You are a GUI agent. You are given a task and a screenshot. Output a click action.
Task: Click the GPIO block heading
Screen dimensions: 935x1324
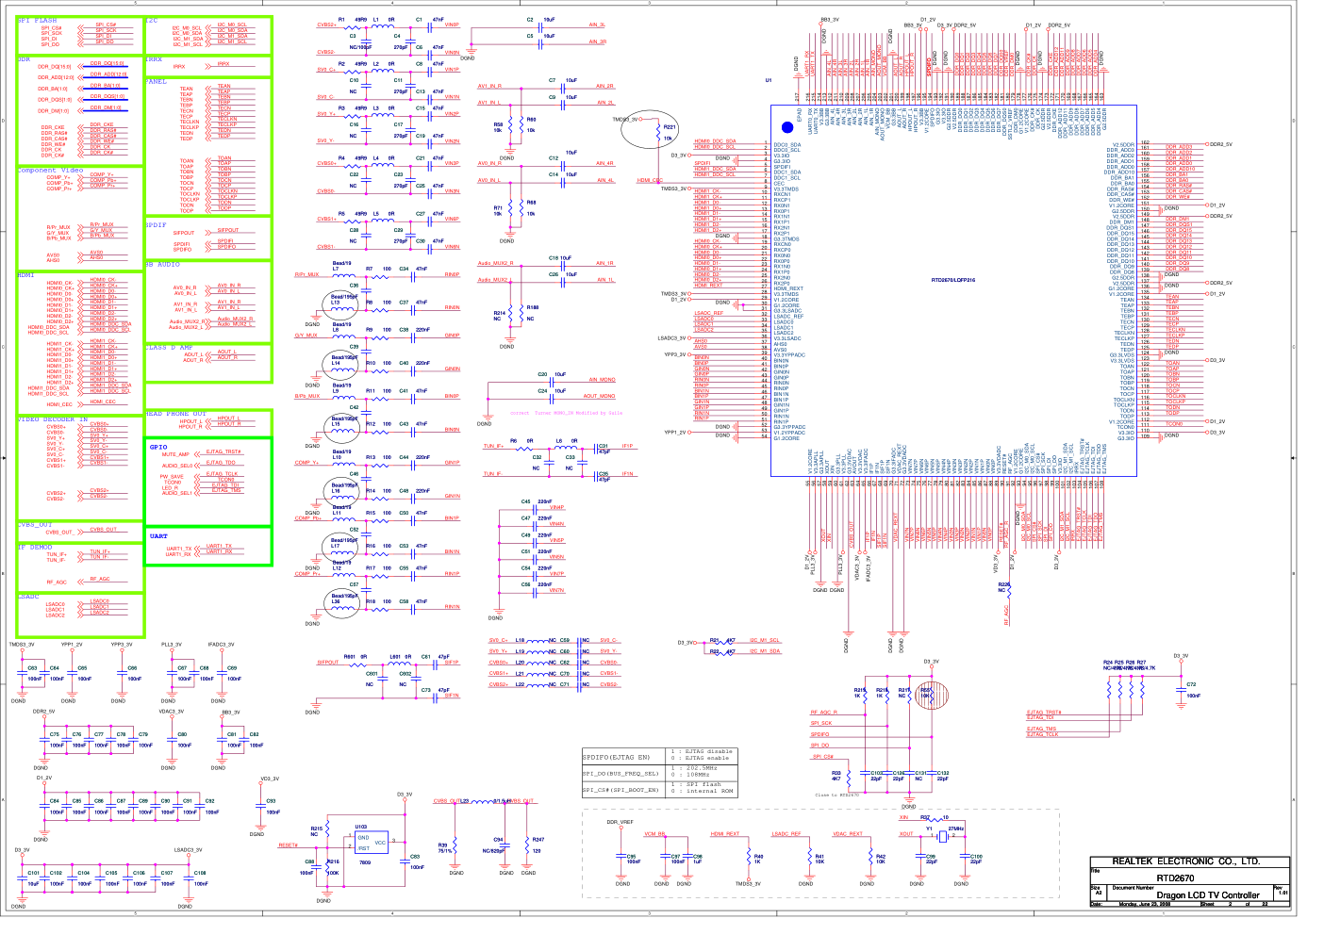(157, 447)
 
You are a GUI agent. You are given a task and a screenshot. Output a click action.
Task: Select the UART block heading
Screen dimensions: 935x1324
(158, 536)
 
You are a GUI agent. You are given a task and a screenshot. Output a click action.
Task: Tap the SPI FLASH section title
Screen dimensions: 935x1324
(37, 20)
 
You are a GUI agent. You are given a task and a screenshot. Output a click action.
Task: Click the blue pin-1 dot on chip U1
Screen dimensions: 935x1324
(787, 127)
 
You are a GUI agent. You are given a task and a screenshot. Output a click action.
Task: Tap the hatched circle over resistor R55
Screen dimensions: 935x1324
(926, 697)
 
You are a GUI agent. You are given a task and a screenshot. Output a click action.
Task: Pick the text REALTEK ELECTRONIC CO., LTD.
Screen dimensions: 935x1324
(1185, 861)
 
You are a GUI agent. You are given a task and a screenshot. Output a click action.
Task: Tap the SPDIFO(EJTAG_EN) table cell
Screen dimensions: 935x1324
(616, 757)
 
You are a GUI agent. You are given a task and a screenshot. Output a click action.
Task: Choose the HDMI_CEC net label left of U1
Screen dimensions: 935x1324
(650, 180)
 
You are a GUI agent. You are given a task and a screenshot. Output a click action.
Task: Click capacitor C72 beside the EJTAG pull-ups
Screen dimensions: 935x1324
(1181, 690)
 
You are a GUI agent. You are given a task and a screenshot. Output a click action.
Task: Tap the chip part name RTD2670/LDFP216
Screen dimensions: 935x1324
(953, 280)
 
